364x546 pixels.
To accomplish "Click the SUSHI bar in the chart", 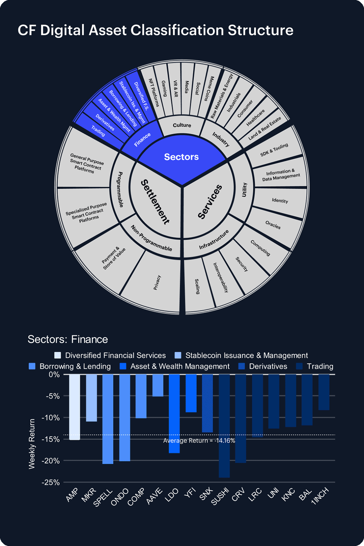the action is [224, 426].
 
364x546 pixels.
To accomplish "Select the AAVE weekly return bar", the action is [158, 385].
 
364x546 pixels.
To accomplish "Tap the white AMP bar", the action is [74, 407].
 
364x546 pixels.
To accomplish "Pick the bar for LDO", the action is [174, 414].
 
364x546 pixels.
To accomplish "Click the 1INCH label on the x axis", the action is [320, 496].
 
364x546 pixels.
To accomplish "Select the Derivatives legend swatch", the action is [241, 366].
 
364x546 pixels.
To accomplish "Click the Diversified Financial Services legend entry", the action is [110, 355].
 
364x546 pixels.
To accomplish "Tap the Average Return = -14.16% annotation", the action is [199, 441].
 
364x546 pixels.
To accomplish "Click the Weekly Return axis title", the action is [32, 444].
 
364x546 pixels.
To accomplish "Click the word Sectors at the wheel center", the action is [181, 157].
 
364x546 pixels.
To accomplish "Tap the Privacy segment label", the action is [157, 282].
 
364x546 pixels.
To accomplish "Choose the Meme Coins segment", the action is [209, 89].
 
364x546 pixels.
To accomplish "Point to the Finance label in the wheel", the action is [142, 140].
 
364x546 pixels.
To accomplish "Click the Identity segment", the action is [280, 201].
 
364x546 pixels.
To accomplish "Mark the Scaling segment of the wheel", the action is [197, 286].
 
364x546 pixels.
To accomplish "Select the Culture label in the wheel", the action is [182, 125].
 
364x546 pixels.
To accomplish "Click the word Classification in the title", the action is [177, 31].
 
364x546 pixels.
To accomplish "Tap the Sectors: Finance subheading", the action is [68, 339].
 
